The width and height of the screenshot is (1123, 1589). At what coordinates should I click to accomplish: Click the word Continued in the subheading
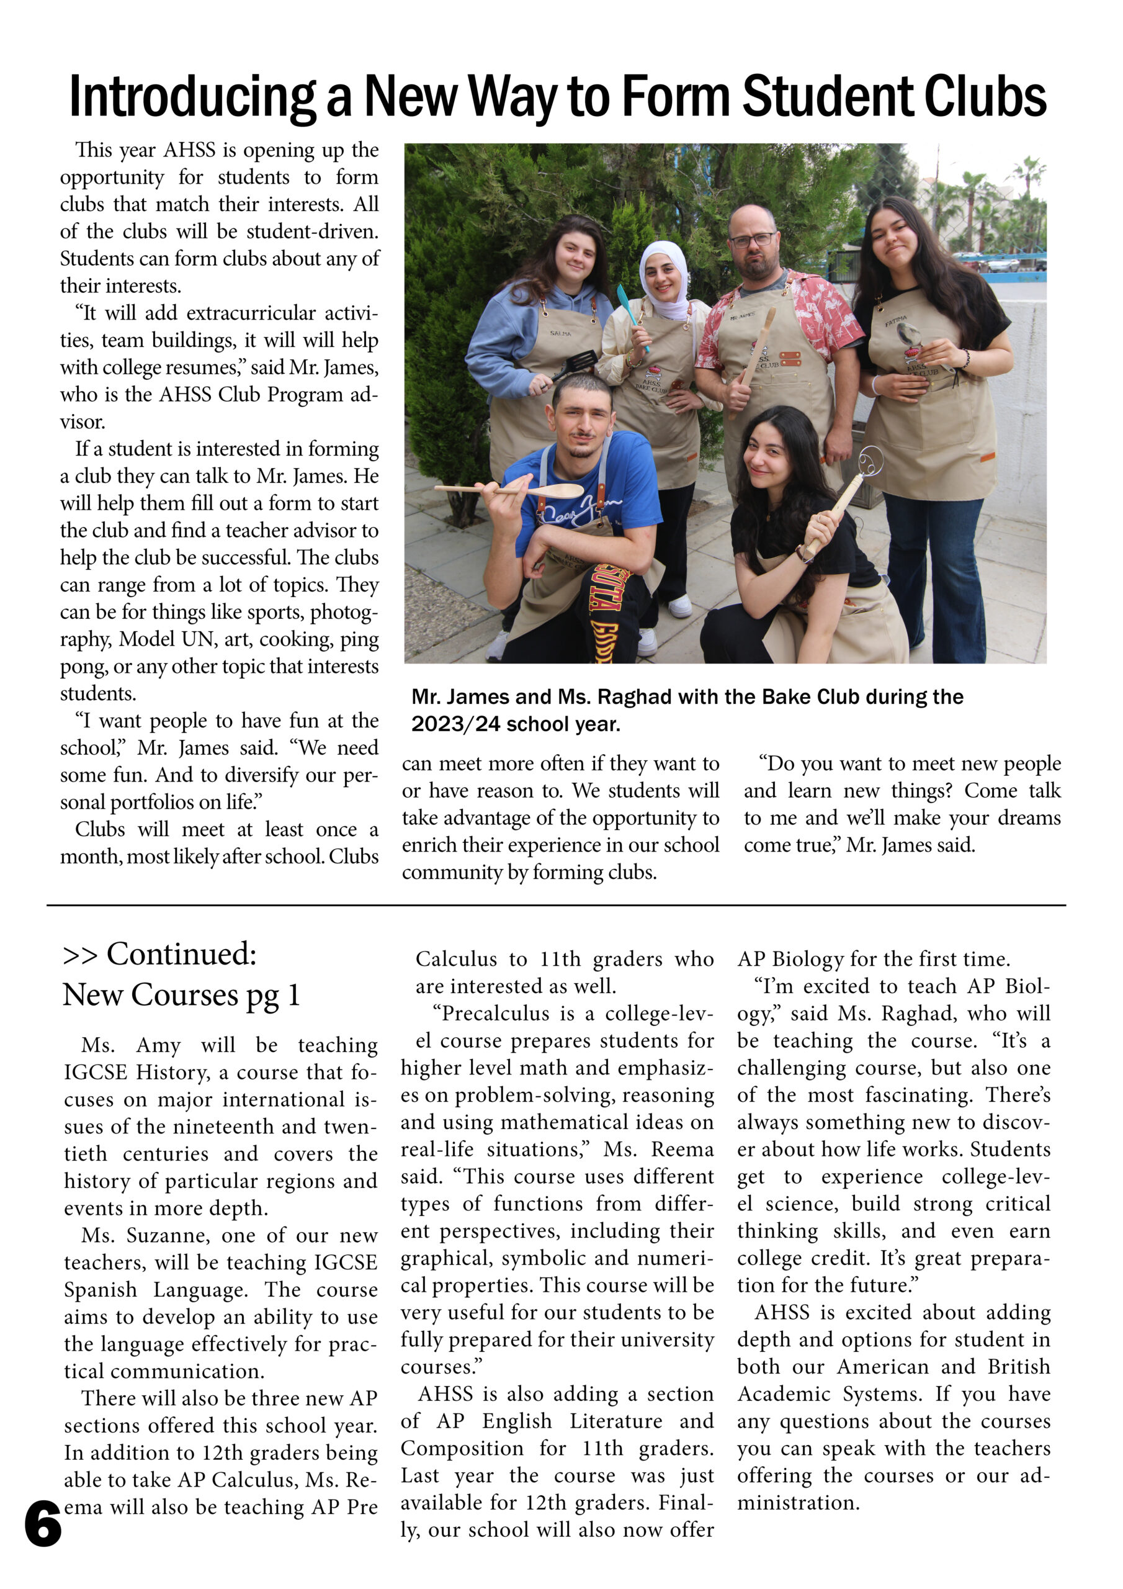point(181,953)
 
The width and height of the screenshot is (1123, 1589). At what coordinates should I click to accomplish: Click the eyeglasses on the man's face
point(753,240)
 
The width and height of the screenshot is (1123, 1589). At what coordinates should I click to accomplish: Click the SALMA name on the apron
point(560,333)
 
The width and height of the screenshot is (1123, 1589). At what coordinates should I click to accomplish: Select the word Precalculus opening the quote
point(494,1013)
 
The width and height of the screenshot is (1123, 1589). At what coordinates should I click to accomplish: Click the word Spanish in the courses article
point(101,1289)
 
